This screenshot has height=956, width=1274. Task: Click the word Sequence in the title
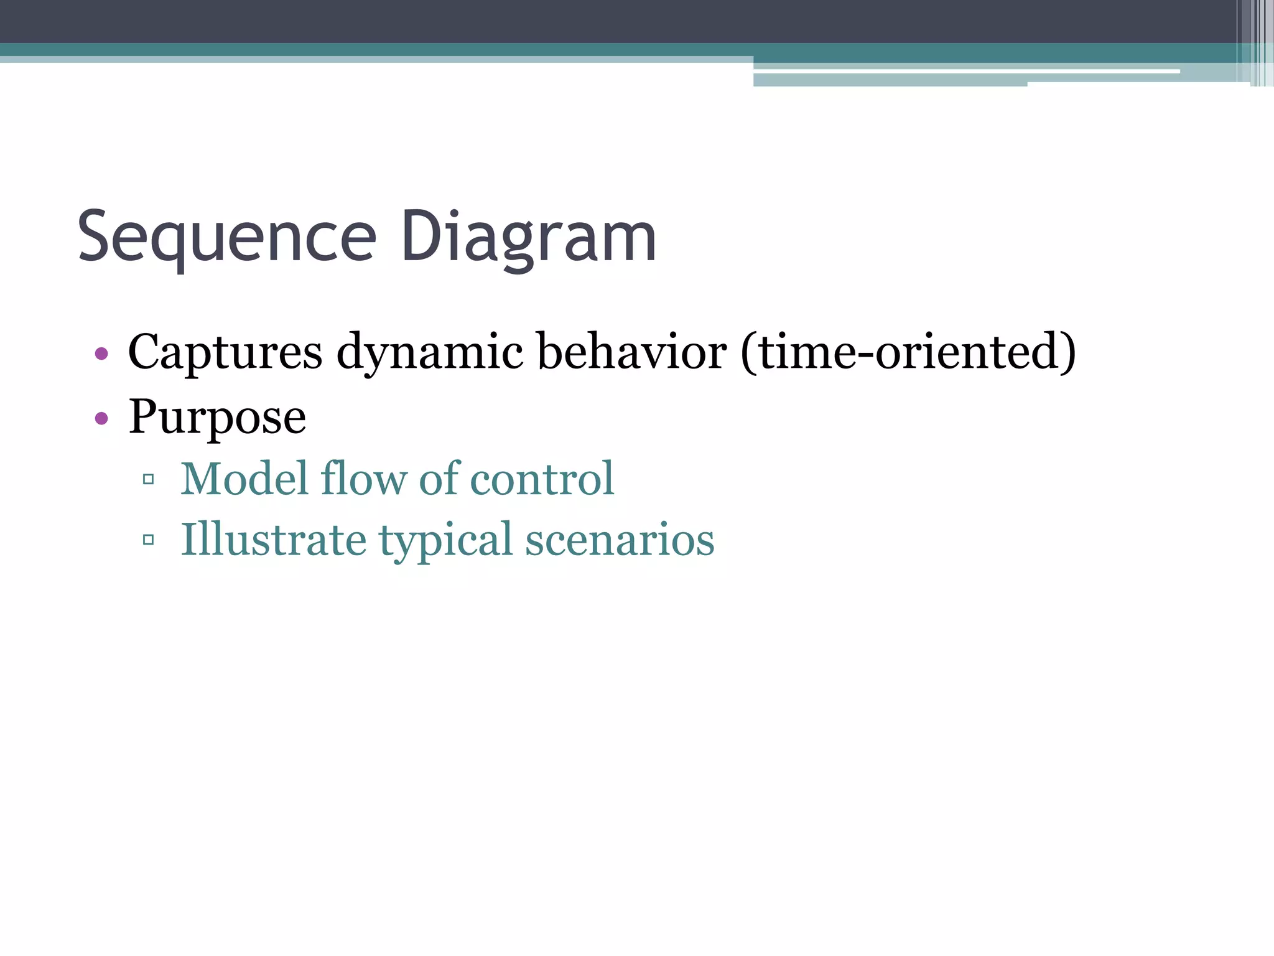(227, 238)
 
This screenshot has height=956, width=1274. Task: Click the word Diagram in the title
(528, 238)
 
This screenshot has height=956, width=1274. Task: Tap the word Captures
(225, 352)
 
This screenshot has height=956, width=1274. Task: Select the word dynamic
(430, 352)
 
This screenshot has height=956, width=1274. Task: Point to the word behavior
(631, 352)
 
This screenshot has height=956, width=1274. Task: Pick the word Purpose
(217, 417)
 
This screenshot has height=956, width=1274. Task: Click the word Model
(244, 479)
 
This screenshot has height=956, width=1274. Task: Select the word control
(542, 479)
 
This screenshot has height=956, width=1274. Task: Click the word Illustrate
(273, 539)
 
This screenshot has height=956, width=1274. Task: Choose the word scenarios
(620, 539)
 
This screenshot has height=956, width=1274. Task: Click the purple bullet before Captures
(101, 354)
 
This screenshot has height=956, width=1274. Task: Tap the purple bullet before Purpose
(101, 418)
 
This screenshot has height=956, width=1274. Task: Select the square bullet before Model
(148, 479)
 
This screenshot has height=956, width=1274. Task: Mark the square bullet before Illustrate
(148, 540)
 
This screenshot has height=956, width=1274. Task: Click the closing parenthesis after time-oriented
(1067, 352)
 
